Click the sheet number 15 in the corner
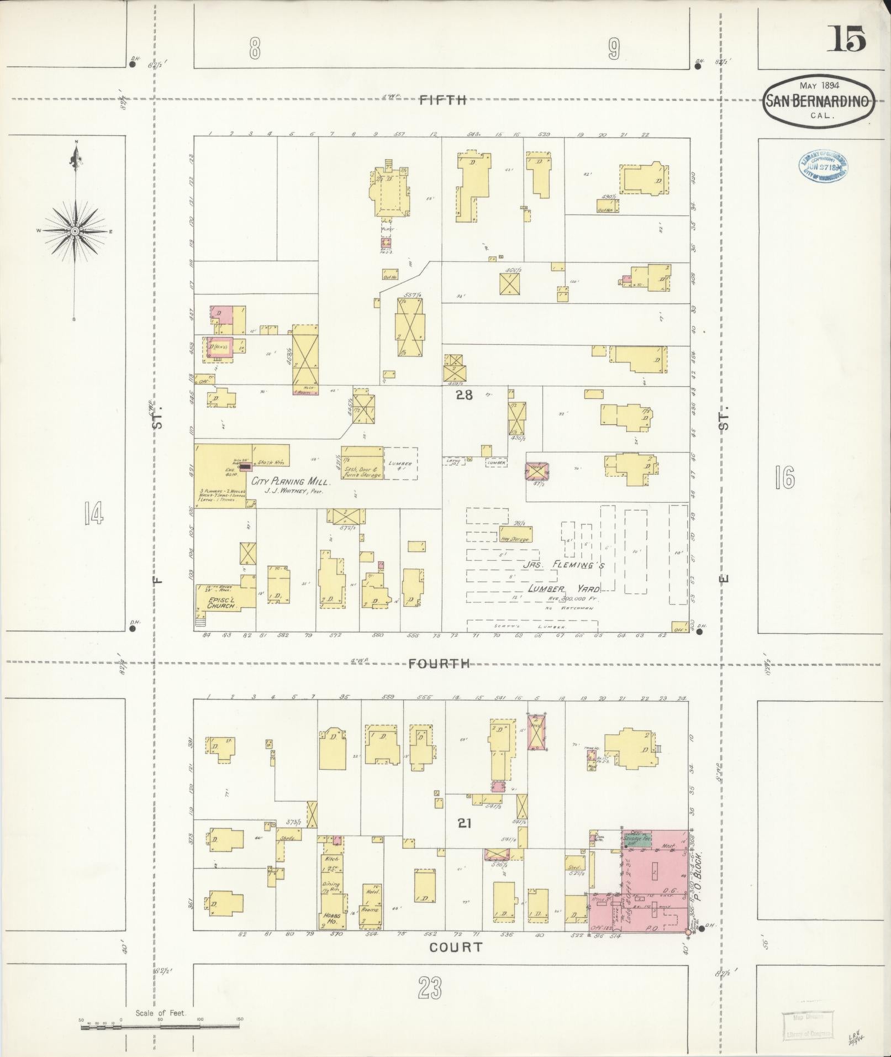tap(846, 39)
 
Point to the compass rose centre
tap(75, 230)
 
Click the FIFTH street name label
tap(443, 100)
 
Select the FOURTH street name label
tap(439, 664)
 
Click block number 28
tap(464, 395)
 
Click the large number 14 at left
tap(93, 515)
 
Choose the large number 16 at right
tap(784, 478)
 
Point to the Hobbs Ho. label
tap(331, 915)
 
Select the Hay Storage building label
tap(515, 539)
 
